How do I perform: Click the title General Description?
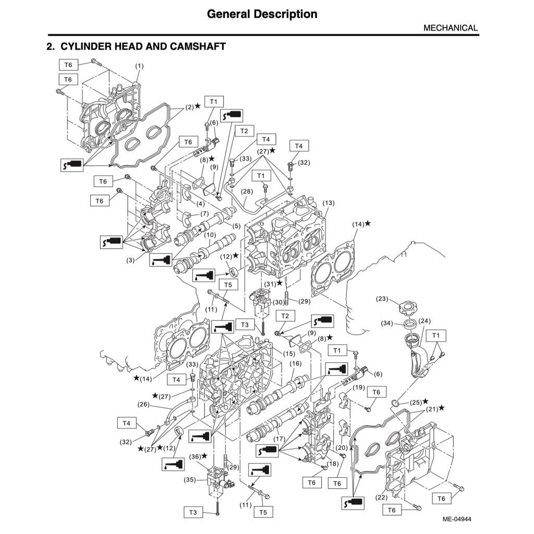pos(262,14)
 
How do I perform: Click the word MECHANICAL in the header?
pos(450,28)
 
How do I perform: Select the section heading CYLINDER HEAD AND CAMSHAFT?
pos(136,46)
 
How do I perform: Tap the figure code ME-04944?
pos(457,519)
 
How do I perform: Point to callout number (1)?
pos(139,66)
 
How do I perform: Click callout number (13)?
pos(329,202)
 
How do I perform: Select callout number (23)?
pos(383,299)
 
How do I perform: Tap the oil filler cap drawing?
pos(407,307)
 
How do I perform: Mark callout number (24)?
pos(424,321)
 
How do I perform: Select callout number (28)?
pos(247,191)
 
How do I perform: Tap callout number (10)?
pos(210,235)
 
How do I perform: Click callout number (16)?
pos(296,363)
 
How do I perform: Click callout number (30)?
pos(278,302)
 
